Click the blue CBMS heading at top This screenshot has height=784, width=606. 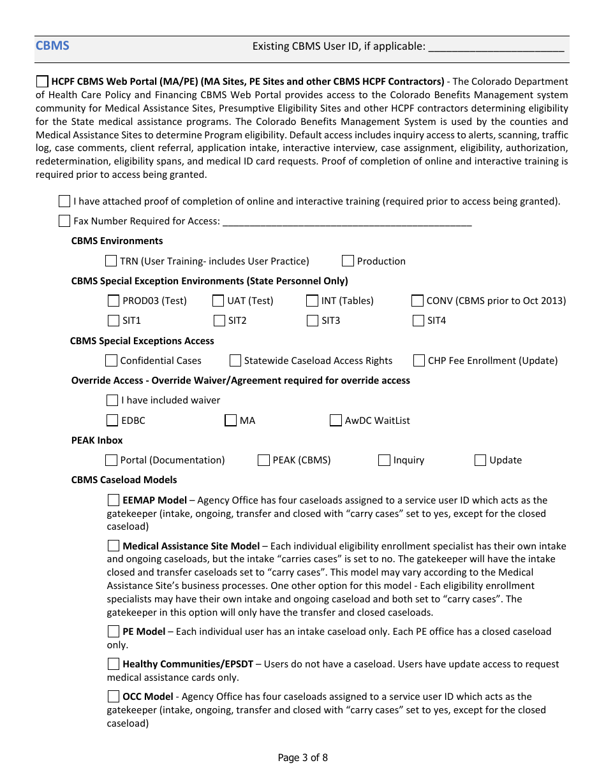coord(52,45)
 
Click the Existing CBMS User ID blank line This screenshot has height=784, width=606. coord(496,48)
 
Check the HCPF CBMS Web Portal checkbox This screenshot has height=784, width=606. coord(42,82)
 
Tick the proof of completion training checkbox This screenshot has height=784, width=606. coord(64,201)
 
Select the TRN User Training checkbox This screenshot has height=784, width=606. coord(111,261)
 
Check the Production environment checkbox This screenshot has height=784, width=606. coord(348,261)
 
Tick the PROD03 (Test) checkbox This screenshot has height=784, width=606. coord(114,301)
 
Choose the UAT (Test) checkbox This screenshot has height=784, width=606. coord(218,301)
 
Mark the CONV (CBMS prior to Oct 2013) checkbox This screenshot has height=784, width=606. coord(417,301)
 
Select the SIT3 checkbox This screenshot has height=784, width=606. coord(313,321)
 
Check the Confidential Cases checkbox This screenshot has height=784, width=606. coord(111,361)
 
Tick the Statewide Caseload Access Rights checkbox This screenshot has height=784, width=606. coord(235,361)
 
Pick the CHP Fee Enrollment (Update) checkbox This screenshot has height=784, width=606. coord(419,361)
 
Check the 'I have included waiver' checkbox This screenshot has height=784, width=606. coord(112,400)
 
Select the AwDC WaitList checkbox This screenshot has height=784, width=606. coord(336,421)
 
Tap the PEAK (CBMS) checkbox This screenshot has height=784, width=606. coord(263,460)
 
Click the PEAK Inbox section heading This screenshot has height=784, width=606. coord(97,440)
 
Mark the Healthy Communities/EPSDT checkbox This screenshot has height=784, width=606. coord(114,664)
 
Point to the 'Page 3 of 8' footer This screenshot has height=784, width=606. coord(303,758)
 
